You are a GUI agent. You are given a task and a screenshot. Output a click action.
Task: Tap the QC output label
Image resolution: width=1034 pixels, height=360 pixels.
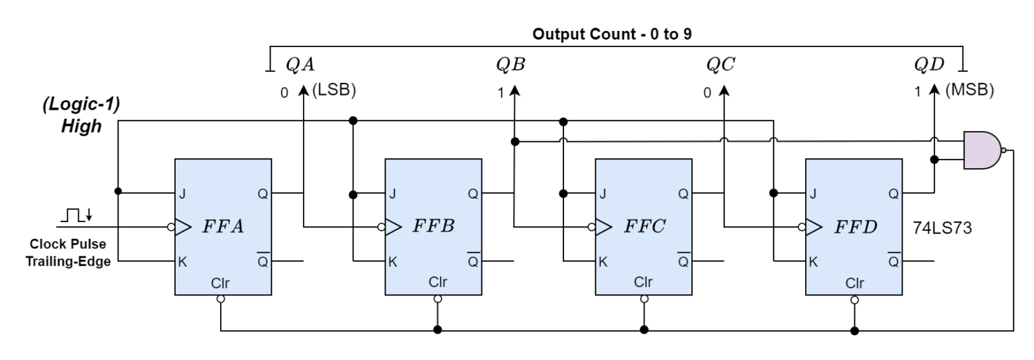[720, 65]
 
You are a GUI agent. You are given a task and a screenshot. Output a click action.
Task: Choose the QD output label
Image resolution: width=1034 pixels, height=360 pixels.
[930, 65]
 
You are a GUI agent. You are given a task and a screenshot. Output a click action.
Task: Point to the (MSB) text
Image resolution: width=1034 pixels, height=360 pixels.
[969, 91]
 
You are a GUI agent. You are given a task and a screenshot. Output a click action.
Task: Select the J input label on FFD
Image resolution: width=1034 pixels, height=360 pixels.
[813, 194]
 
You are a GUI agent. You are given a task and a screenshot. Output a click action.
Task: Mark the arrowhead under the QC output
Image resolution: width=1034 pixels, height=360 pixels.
[724, 89]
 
